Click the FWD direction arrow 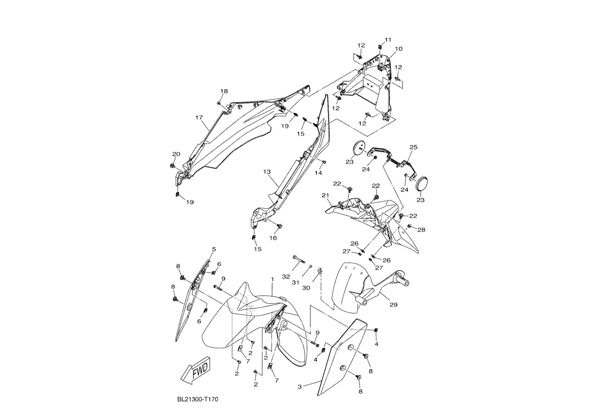tap(196, 370)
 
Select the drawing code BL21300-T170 tap(198, 399)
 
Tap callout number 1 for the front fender tap(272, 279)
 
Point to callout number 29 tap(394, 305)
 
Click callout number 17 tap(199, 118)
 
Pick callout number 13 tap(267, 171)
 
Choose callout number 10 tap(398, 49)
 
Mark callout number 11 tap(388, 40)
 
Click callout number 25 tap(413, 147)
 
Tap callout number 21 tap(325, 195)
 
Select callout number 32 tap(286, 276)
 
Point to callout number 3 tap(300, 387)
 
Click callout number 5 tap(214, 249)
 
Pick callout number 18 tap(224, 91)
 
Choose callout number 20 tap(176, 154)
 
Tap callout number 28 tap(421, 230)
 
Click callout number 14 tap(319, 173)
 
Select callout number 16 tap(273, 238)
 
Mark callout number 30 tap(306, 288)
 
